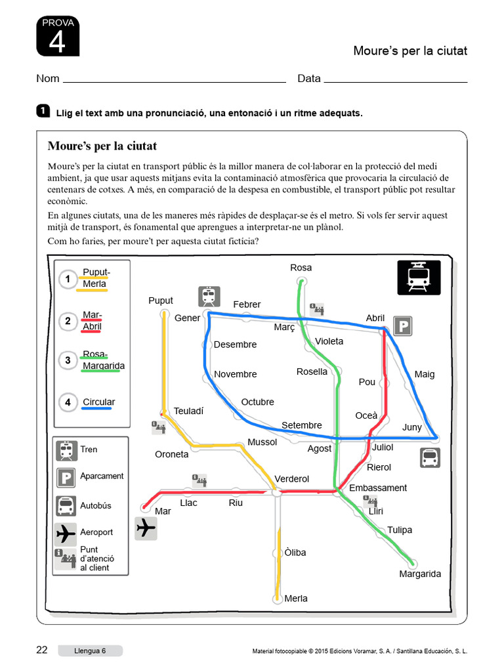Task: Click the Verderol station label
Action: [x=291, y=479]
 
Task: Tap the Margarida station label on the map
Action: [x=420, y=574]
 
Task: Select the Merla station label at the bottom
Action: [x=296, y=598]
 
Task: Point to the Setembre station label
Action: [x=302, y=425]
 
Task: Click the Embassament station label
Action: [x=378, y=488]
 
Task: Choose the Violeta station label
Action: [x=329, y=341]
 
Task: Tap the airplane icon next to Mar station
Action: [x=146, y=528]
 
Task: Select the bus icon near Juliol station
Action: [x=430, y=457]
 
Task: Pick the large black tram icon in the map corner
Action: [x=419, y=278]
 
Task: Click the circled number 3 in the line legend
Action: [x=68, y=360]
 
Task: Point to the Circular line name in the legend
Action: [x=98, y=402]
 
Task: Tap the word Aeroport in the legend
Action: [x=96, y=532]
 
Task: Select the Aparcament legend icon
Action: [x=66, y=478]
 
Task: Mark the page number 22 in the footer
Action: [x=42, y=650]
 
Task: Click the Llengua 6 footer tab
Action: [x=89, y=651]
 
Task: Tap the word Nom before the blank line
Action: [x=48, y=79]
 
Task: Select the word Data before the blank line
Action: [x=309, y=79]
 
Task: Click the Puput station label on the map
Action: [x=161, y=301]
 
